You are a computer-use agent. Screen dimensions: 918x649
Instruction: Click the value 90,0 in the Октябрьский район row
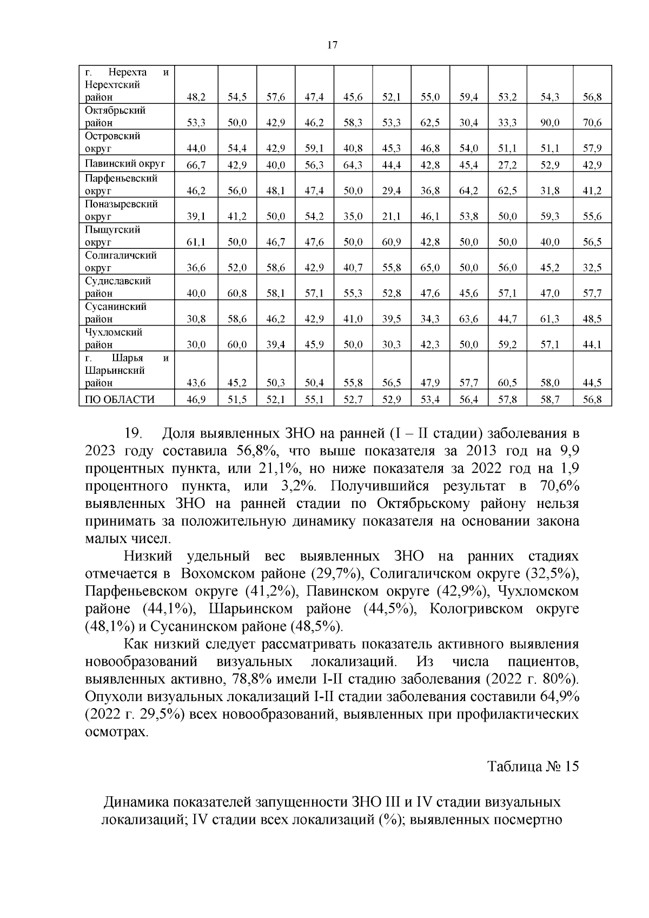tap(550, 123)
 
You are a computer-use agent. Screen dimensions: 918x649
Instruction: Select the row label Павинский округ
tap(125, 163)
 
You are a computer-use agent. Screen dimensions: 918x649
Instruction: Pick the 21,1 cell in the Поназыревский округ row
tap(391, 216)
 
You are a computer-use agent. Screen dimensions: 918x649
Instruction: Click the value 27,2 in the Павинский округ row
tap(507, 165)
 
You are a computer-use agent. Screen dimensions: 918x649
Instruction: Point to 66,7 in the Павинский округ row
tap(196, 165)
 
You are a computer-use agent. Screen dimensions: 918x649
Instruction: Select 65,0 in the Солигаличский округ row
tap(430, 268)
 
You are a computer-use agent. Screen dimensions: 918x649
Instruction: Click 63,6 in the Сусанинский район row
tap(468, 319)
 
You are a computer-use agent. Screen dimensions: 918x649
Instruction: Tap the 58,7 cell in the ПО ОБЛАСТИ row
tap(550, 400)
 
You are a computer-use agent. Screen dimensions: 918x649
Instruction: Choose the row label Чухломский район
tap(114, 338)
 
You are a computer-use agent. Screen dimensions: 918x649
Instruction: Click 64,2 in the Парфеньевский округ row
tap(468, 191)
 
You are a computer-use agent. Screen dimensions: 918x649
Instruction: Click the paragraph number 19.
tap(133, 434)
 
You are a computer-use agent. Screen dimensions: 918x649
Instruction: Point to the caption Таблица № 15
tap(533, 767)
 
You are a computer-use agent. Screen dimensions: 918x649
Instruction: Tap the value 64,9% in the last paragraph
tap(559, 697)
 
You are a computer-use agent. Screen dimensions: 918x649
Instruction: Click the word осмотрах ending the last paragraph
tap(116, 732)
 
